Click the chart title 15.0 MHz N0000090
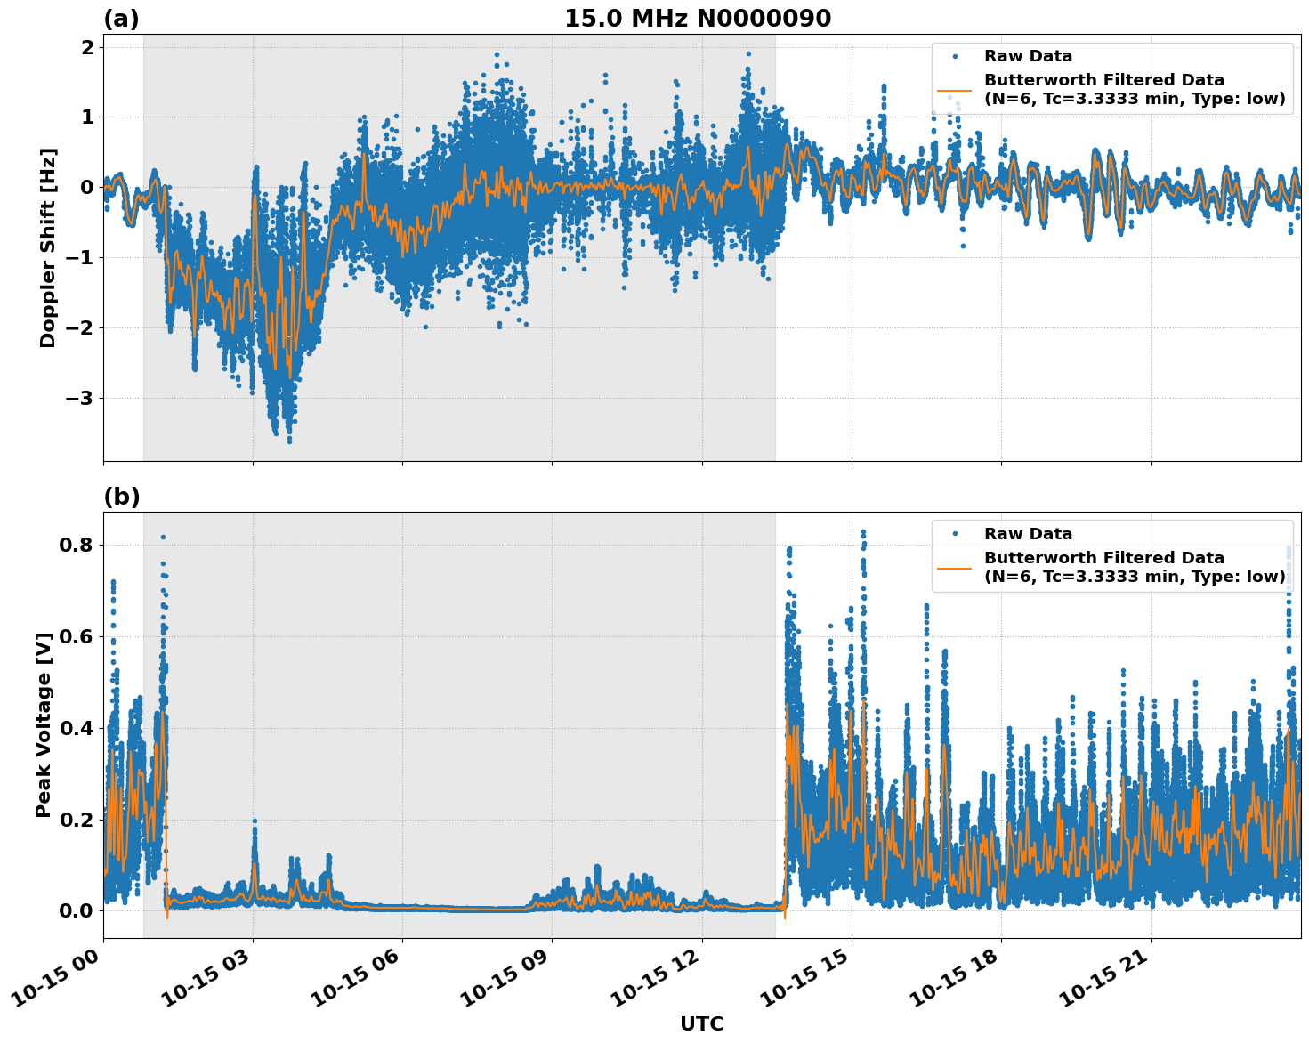click(x=698, y=19)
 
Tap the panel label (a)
click(x=121, y=19)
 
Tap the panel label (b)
click(x=121, y=497)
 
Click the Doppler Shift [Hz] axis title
click(x=47, y=247)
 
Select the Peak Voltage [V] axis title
click(x=44, y=724)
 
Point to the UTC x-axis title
click(x=701, y=1023)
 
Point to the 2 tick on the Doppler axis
click(x=87, y=47)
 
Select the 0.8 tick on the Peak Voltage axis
click(x=75, y=545)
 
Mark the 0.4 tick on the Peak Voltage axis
click(x=75, y=728)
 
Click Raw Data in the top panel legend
click(x=1028, y=56)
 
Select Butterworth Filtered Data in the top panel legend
click(x=1103, y=80)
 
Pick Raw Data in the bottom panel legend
click(x=1028, y=534)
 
